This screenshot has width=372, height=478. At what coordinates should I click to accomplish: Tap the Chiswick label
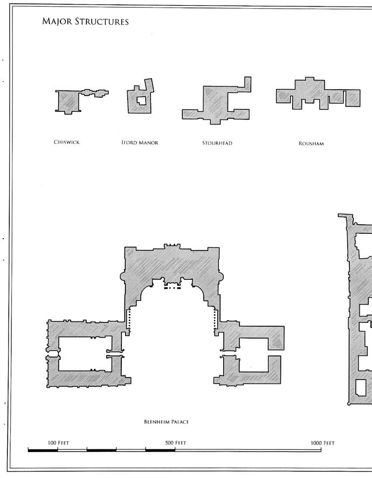(66, 143)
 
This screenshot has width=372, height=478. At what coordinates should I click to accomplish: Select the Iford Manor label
(140, 143)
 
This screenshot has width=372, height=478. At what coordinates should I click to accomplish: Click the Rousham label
(311, 144)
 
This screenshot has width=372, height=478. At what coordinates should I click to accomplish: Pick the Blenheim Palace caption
(166, 422)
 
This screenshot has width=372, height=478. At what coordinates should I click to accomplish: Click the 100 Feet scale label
(58, 443)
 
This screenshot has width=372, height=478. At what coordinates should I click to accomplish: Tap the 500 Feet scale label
(176, 443)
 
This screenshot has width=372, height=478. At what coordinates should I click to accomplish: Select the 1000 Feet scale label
(322, 443)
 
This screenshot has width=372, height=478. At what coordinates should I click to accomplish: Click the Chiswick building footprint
(67, 101)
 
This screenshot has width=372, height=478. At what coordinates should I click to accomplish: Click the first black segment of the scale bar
(43, 449)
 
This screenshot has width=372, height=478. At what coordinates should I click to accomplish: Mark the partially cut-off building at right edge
(359, 313)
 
